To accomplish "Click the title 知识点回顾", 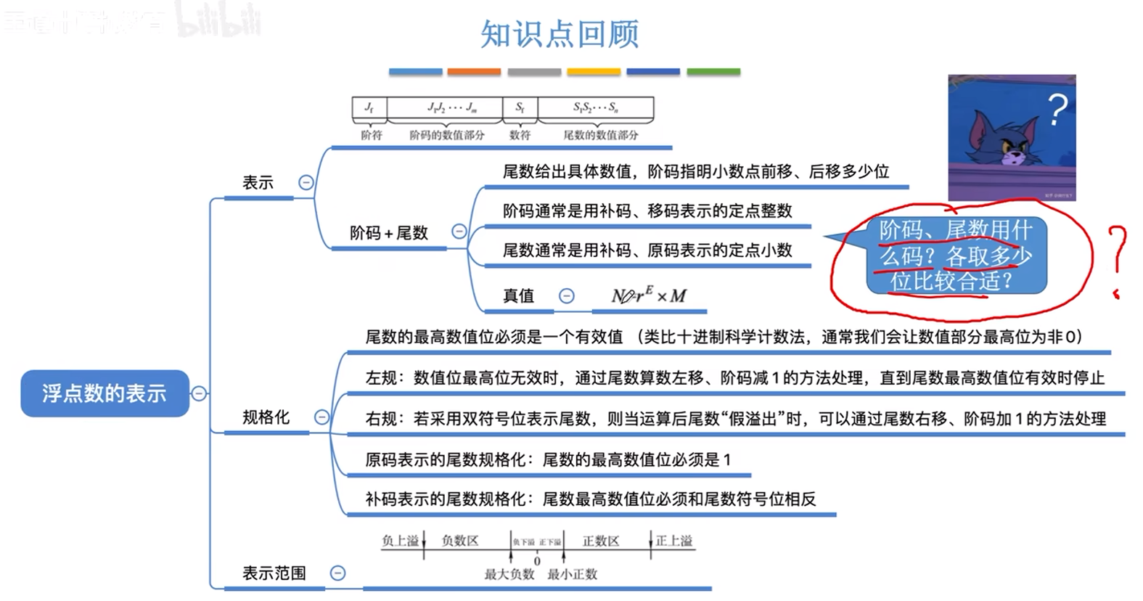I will [559, 33].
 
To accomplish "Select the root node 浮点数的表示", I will [104, 393].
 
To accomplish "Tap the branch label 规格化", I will [266, 417].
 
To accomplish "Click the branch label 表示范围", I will [274, 573].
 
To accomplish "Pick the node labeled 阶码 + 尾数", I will [388, 233].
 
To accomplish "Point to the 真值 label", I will [518, 295].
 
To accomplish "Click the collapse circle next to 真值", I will [567, 295].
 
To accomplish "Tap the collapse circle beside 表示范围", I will [337, 573].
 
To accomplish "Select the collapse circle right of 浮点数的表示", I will [199, 393].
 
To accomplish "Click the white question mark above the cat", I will [1058, 110].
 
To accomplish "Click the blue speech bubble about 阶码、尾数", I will [956, 255].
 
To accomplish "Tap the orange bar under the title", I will [474, 72].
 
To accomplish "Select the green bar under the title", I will [713, 72].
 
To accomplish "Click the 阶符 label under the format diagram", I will [371, 135].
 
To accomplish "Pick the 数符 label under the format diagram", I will [520, 135].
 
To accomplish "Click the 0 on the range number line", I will [537, 561].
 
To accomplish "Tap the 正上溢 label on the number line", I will [674, 541].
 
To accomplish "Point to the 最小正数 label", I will [572, 574].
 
